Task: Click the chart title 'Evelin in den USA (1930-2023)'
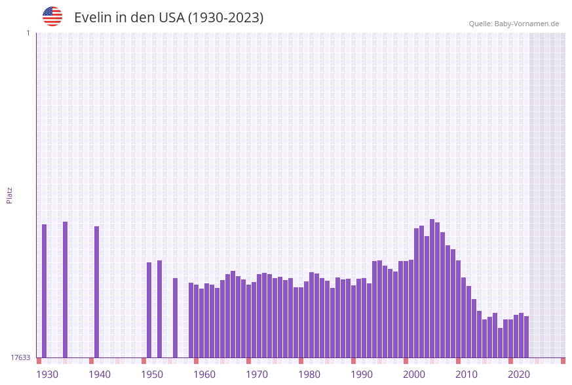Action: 168,18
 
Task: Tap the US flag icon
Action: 52,16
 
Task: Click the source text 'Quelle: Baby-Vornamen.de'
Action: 514,24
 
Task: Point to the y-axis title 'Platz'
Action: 9,195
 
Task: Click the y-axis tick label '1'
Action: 28,33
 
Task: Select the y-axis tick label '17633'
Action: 20,357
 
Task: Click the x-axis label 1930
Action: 47,375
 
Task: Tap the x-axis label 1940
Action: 100,375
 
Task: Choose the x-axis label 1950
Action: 152,375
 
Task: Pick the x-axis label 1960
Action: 204,375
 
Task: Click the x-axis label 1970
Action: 257,375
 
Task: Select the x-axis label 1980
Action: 309,375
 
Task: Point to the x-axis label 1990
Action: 362,375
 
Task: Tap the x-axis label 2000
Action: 414,375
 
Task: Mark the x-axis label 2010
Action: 467,375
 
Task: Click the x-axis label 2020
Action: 519,375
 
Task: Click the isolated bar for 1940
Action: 97,292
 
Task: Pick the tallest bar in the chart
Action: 432,288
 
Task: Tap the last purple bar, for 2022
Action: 527,336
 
